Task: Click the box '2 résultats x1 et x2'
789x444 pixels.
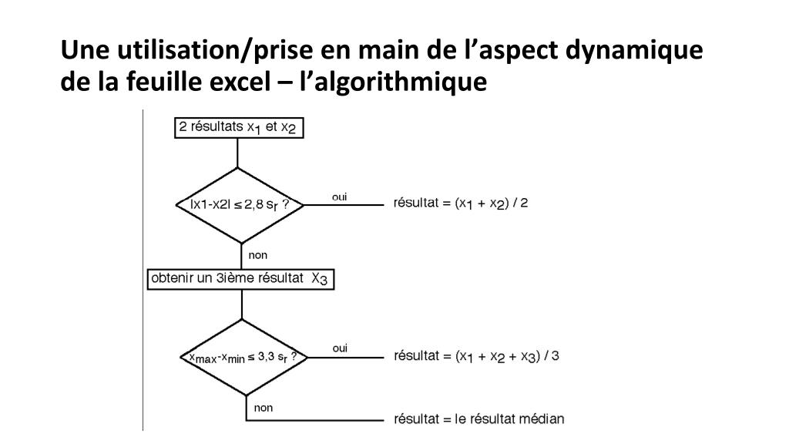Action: pos(238,127)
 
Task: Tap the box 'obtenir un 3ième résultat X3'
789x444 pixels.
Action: pos(240,278)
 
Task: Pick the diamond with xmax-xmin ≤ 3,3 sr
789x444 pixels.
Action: pos(243,358)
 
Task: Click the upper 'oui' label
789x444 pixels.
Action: pos(339,197)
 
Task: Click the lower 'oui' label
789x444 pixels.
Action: pos(340,349)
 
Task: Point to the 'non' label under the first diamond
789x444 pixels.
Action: pos(258,255)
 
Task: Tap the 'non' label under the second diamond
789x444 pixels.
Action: pos(264,408)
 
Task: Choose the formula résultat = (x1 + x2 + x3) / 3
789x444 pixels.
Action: pos(476,356)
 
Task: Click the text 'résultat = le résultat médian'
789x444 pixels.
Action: pos(478,419)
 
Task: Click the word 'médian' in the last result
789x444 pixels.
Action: pos(544,419)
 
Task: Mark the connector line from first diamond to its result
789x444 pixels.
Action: pos(344,206)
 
